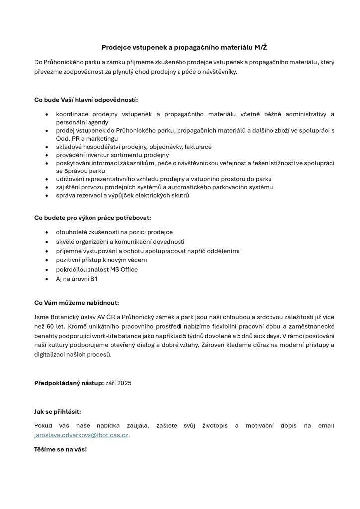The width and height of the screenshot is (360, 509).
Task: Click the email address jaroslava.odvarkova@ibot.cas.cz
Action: coord(82,435)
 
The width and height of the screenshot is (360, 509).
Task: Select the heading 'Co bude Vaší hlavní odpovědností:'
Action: coord(86,100)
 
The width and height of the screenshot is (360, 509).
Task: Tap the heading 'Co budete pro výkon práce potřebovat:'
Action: coord(92,218)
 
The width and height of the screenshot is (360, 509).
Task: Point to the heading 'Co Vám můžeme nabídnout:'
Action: coord(77,302)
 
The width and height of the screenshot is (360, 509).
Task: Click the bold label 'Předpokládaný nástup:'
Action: coord(69,383)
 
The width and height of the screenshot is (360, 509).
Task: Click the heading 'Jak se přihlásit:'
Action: coord(57,411)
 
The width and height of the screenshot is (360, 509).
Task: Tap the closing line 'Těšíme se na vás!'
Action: coord(60,449)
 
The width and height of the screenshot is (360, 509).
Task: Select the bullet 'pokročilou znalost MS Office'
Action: coord(96,269)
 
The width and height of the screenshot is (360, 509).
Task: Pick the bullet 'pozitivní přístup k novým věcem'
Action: coord(101,260)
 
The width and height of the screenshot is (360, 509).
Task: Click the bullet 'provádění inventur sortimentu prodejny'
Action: coord(112,155)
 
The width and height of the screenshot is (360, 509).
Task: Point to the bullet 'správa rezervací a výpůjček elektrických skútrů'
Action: coord(122,195)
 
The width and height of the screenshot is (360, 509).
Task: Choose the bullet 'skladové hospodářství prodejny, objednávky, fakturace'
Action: coord(133,147)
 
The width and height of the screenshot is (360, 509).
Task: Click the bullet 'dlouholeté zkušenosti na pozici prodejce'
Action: coord(114,232)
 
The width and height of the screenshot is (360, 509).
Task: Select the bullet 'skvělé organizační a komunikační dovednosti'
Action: coord(120,241)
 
